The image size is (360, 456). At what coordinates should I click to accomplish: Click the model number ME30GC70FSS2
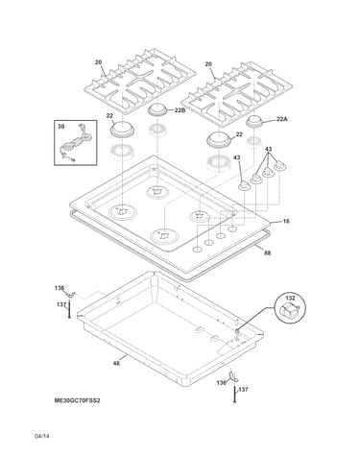coord(77,400)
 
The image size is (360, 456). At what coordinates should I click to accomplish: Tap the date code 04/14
coord(42,436)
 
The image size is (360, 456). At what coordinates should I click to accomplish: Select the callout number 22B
coord(180,110)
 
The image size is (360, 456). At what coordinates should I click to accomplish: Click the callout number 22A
coord(282,119)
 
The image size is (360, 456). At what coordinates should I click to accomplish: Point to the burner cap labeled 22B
coord(157,109)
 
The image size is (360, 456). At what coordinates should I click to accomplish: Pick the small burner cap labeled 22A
coord(254,122)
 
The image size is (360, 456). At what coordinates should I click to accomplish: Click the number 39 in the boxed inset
coord(60,127)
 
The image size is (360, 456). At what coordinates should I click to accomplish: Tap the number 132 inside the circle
coord(290,298)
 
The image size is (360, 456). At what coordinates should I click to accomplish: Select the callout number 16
coord(286,221)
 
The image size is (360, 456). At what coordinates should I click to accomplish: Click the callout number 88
coord(268,252)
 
